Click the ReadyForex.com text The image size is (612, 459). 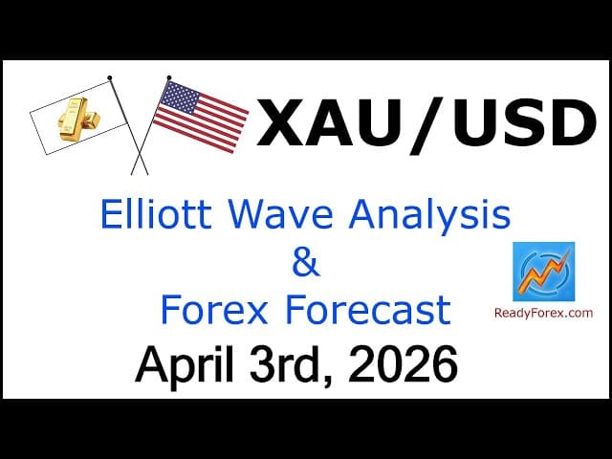[x=543, y=313]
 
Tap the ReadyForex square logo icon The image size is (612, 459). [x=543, y=272]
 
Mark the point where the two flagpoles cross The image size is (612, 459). [x=140, y=150]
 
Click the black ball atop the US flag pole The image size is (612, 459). [x=169, y=76]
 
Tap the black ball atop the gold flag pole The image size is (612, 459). [x=110, y=76]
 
